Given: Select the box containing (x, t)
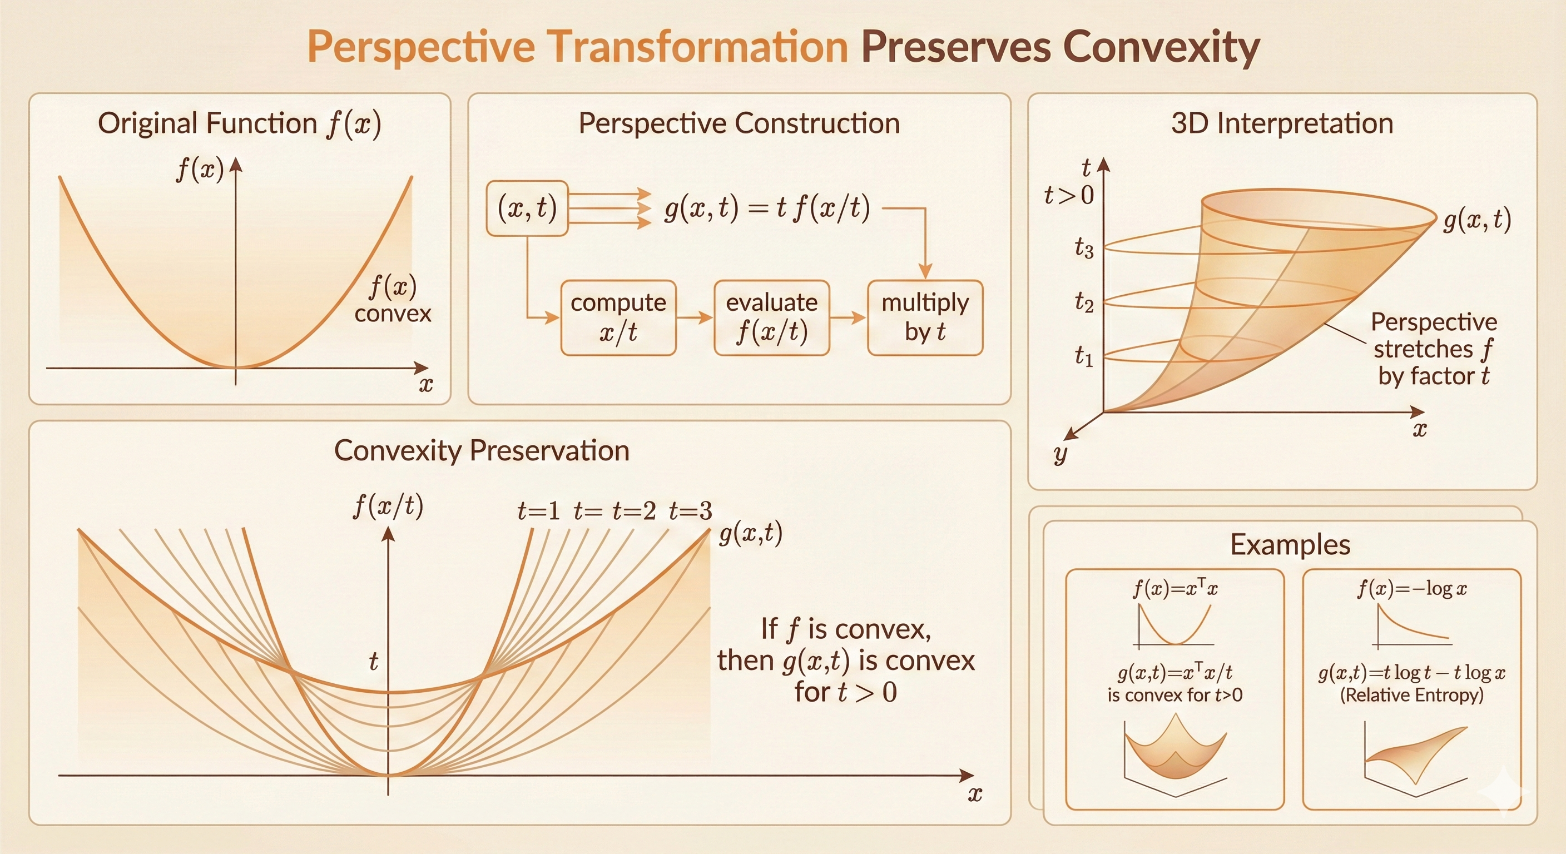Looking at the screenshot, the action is [x=527, y=208].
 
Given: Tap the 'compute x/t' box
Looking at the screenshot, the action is [x=618, y=317].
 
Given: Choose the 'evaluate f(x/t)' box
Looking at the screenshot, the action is [x=771, y=317].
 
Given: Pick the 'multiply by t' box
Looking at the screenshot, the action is [x=925, y=317].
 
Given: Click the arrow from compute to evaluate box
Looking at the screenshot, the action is [x=695, y=317].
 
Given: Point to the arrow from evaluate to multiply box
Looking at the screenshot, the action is [x=848, y=317].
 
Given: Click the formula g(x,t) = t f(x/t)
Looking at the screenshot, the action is [x=767, y=208].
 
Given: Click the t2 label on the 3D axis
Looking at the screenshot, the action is [x=1084, y=301].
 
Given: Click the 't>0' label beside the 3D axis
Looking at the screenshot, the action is [x=1069, y=195].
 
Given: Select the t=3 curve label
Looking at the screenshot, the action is [x=690, y=511].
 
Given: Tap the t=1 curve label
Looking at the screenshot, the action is [x=538, y=511].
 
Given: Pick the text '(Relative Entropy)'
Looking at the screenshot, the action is [x=1411, y=695].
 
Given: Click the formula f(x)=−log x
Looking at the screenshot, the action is [x=1412, y=588].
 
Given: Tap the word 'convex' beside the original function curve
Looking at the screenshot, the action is [x=393, y=314].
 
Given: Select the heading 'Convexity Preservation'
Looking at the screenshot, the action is [x=482, y=450].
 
